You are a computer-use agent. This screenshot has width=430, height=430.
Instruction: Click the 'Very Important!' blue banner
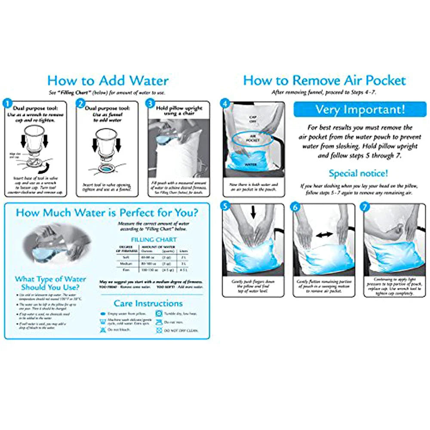360,109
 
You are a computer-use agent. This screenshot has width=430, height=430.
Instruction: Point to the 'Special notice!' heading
358,174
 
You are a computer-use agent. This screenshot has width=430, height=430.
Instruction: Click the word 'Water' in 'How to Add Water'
145,80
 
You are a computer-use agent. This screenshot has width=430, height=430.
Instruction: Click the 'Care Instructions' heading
148,303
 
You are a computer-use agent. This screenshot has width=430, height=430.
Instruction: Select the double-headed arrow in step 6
324,234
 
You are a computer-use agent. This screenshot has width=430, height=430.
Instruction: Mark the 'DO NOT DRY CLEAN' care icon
159,330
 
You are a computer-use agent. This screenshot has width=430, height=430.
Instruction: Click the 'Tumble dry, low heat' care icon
159,314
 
